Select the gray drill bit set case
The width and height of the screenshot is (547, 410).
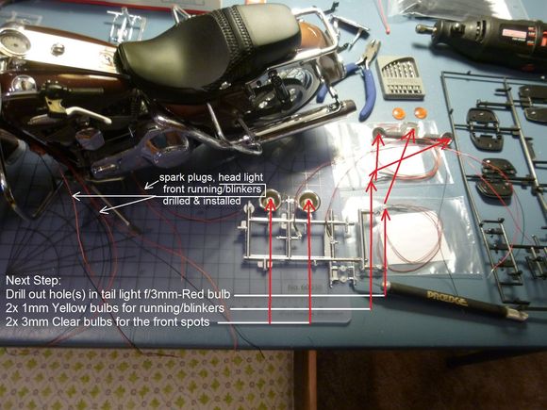400,76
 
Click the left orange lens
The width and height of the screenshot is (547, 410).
398,113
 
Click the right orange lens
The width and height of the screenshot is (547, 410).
420,112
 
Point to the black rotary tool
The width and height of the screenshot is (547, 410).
485,39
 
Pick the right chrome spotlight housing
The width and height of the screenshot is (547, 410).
308,201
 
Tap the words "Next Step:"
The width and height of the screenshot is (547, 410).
34,280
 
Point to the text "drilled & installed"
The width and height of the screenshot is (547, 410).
202,201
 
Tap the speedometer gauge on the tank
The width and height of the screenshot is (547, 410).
15,42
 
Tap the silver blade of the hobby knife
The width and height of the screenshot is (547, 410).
517,314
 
